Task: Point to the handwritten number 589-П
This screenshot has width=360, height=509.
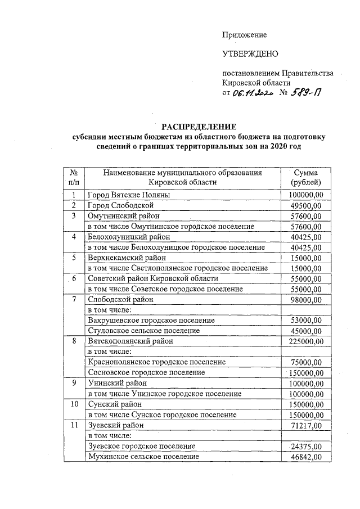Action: [307, 92]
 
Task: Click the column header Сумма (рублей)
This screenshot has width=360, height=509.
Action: [306, 177]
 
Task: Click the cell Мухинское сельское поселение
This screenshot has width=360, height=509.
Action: [143, 457]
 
